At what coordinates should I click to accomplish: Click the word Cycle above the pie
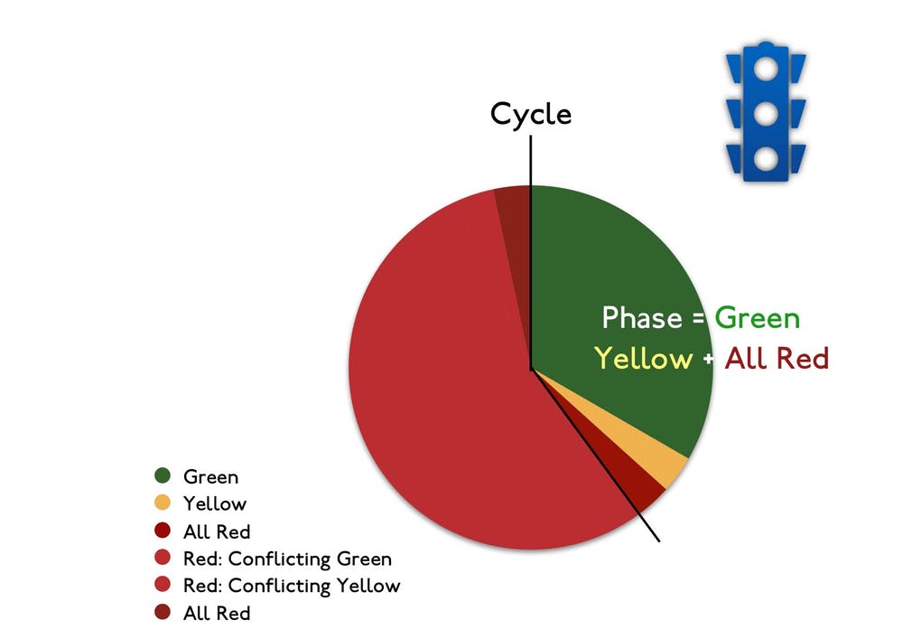[530, 115]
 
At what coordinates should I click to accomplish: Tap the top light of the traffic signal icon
[766, 69]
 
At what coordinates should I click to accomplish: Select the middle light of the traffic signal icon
[766, 114]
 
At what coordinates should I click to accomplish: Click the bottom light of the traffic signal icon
[766, 158]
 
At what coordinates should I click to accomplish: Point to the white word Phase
[642, 317]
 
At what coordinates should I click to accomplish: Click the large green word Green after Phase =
[758, 318]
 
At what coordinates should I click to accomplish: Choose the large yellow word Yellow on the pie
[643, 359]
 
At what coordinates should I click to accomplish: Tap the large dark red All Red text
[777, 358]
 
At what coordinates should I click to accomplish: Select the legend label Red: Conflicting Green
[287, 559]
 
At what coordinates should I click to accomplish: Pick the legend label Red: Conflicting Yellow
[292, 586]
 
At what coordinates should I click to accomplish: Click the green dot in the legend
[163, 475]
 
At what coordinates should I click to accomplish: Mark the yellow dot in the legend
[163, 503]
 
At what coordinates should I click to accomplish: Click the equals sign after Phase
[698, 319]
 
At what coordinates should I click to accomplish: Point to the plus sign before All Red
[708, 359]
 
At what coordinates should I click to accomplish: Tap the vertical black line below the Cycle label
[530, 252]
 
